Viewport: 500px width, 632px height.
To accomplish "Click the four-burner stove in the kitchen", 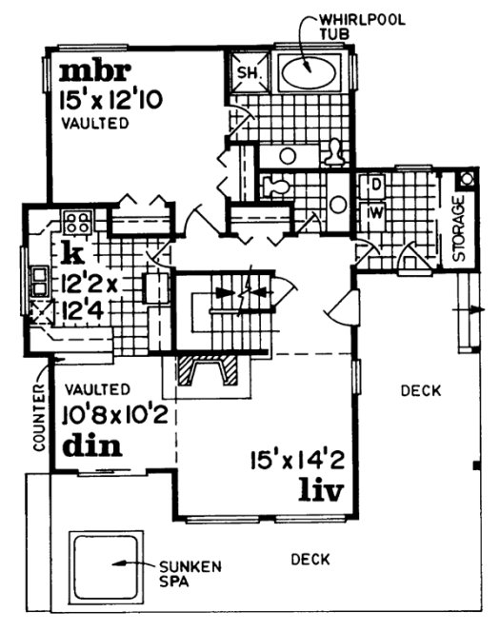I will (x=76, y=225).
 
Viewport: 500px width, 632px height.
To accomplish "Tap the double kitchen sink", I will (x=41, y=283).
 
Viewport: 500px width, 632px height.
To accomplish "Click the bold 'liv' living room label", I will (x=318, y=492).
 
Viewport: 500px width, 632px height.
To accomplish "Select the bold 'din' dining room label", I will (x=87, y=445).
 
